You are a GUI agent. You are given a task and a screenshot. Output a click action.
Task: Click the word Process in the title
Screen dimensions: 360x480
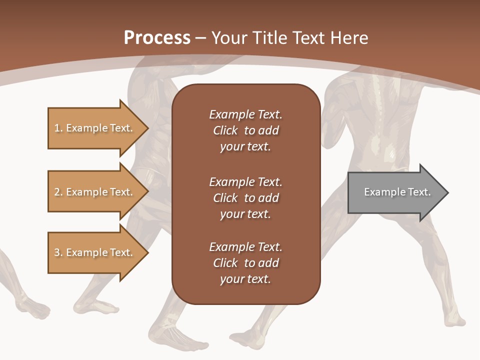click(157, 38)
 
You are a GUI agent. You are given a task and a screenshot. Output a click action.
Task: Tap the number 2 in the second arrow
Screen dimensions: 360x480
click(57, 192)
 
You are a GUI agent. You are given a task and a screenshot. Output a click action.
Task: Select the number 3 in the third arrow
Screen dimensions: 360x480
click(57, 252)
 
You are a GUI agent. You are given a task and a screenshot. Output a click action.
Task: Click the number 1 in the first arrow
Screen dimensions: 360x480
click(57, 128)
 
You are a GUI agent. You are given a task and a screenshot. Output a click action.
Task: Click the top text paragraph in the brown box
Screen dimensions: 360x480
click(245, 130)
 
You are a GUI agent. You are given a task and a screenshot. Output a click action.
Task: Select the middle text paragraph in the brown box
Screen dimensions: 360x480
click(245, 198)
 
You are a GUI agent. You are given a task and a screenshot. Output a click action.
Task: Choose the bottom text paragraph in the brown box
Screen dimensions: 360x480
click(245, 263)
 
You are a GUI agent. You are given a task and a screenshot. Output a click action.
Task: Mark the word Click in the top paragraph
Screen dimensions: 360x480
click(225, 130)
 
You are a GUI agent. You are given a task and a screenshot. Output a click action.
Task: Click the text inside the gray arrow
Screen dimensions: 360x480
click(397, 192)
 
